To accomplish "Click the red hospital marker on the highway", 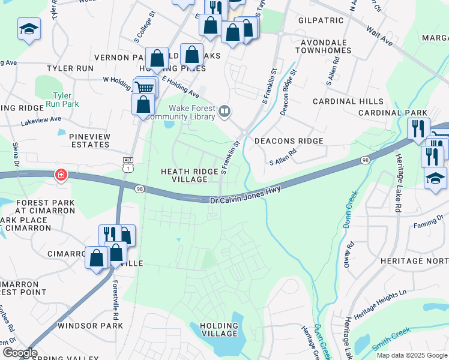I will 61,175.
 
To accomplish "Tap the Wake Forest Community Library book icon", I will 224,110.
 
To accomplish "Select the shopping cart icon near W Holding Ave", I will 143,88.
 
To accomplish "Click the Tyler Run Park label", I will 62,100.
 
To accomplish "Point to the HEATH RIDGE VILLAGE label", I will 190,175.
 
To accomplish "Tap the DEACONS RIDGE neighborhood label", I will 289,141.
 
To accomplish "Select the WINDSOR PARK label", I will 90,326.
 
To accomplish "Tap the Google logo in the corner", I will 19,353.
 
